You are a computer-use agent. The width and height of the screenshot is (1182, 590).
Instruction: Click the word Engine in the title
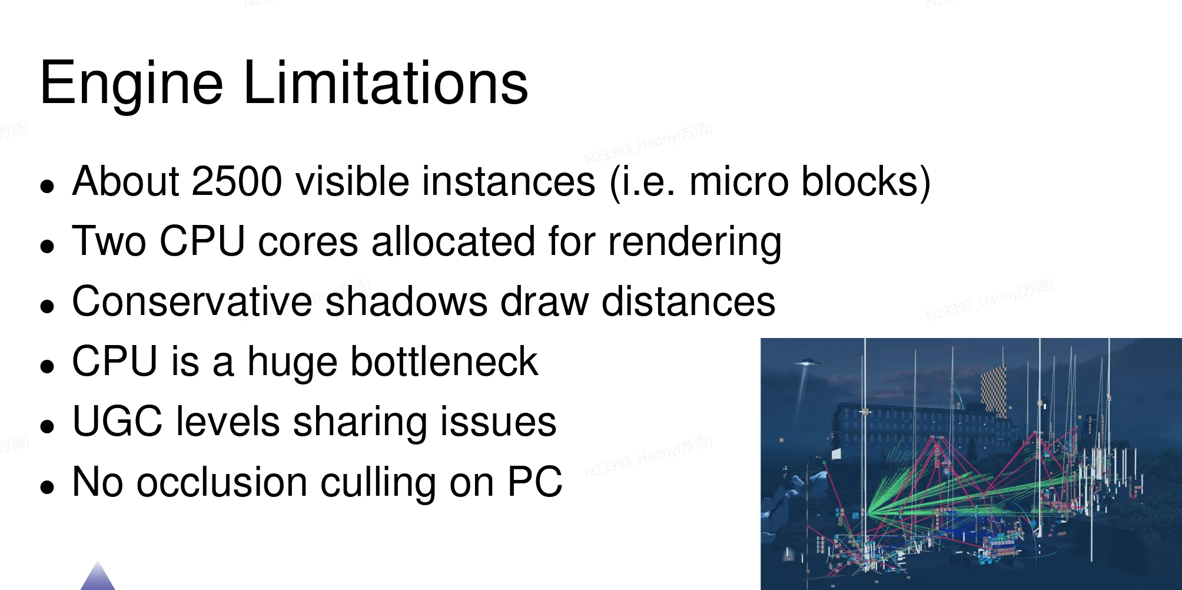131,83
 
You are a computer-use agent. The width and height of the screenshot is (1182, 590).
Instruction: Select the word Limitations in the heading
385,83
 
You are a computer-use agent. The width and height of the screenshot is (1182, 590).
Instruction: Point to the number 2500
237,181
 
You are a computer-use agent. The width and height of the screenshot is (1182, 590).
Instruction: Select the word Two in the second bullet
109,241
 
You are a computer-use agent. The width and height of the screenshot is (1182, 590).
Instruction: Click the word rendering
695,243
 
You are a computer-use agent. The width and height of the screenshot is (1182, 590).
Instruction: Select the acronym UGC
117,422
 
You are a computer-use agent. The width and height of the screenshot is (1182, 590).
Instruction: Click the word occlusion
222,482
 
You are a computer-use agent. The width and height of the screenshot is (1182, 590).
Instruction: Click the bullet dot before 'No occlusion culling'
47,487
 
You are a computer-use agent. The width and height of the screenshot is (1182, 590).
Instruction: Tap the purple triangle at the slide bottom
98,578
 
